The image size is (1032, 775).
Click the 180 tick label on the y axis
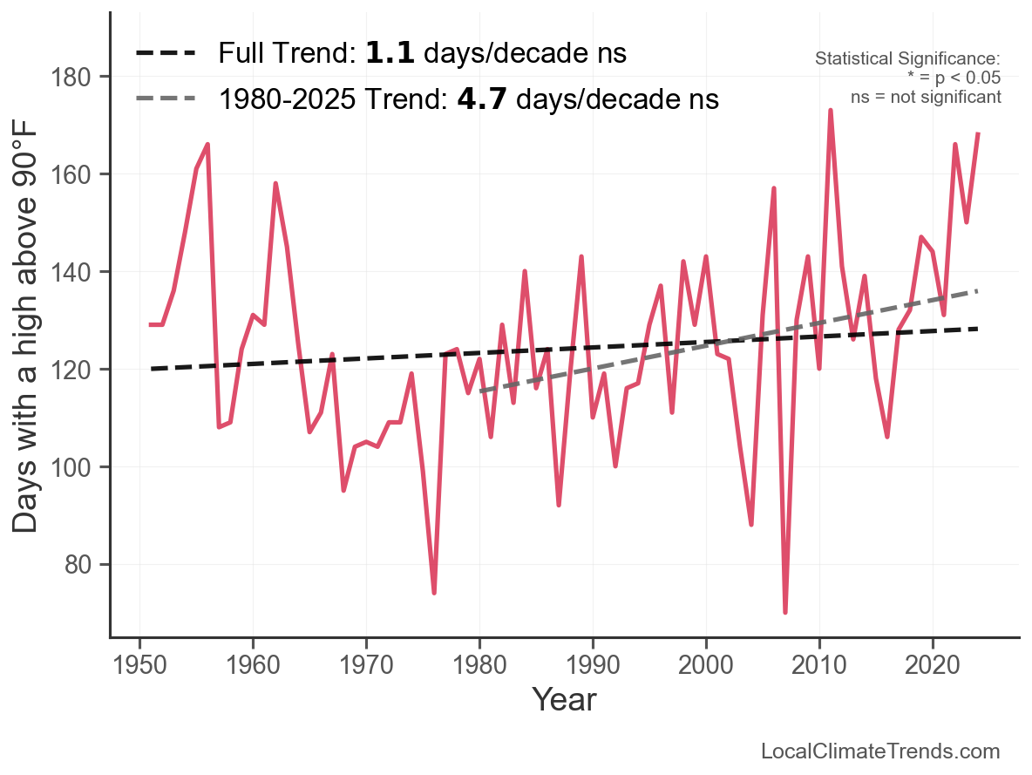tap(81, 78)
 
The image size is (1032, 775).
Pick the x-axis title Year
tap(564, 699)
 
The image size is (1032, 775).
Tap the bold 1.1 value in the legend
tap(390, 53)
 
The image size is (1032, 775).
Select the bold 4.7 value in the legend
tap(482, 99)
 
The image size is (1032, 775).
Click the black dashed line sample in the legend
tap(166, 54)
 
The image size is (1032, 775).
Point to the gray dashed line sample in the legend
tap(166, 99)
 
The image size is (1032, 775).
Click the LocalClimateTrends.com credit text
tap(880, 751)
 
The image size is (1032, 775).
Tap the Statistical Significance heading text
tap(907, 59)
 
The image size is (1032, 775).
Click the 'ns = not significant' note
tap(926, 97)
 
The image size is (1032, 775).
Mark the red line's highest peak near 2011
tap(831, 111)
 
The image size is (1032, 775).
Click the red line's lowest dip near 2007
tap(785, 612)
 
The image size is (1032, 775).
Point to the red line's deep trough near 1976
tap(434, 593)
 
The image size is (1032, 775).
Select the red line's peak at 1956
tap(207, 145)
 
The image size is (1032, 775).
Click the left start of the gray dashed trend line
tap(480, 391)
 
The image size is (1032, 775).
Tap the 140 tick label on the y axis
tap(81, 273)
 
